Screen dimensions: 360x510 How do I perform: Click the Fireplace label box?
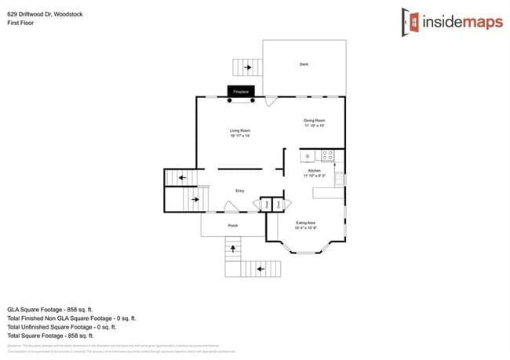point(240,92)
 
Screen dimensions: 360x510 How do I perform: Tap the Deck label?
point(304,64)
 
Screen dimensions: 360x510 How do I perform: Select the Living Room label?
point(239,130)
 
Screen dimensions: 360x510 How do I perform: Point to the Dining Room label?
point(314,120)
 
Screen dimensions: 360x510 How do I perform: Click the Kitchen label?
point(314,171)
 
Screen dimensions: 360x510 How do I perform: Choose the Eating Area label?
point(306,223)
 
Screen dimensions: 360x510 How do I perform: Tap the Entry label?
point(241,191)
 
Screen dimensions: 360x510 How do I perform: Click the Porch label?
point(233,226)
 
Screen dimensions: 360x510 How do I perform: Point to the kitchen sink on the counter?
point(307,155)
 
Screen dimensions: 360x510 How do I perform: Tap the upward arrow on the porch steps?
point(233,250)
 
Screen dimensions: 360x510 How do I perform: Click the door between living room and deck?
point(271,101)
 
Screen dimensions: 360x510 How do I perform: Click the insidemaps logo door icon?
point(409,21)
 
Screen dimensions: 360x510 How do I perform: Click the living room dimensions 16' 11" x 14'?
point(239,136)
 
